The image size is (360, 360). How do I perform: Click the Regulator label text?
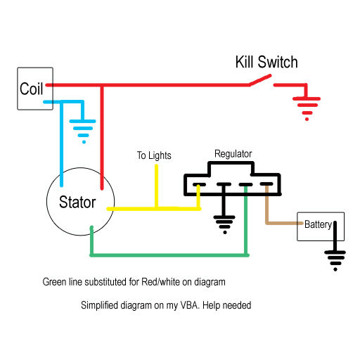(233, 154)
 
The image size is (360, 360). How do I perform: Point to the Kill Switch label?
(266, 62)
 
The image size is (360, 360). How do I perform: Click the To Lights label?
(154, 155)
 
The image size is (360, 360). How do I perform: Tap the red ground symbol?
(307, 108)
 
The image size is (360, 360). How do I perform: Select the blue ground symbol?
(83, 131)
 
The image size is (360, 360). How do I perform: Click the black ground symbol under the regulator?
(224, 224)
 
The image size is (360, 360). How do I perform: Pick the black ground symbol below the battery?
(335, 261)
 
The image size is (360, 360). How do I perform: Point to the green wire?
(169, 255)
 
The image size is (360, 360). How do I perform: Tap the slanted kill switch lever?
(260, 80)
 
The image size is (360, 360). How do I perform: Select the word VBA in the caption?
(190, 305)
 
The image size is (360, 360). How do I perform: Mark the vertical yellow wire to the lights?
(156, 186)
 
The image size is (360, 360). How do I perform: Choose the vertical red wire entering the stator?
(102, 137)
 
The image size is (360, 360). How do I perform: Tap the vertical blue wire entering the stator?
(62, 144)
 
